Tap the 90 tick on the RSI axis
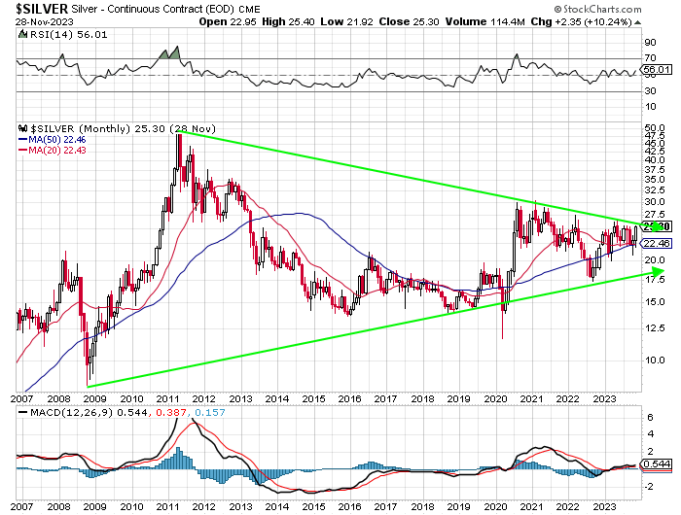pos(650,43)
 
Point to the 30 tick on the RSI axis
pos(650,92)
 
